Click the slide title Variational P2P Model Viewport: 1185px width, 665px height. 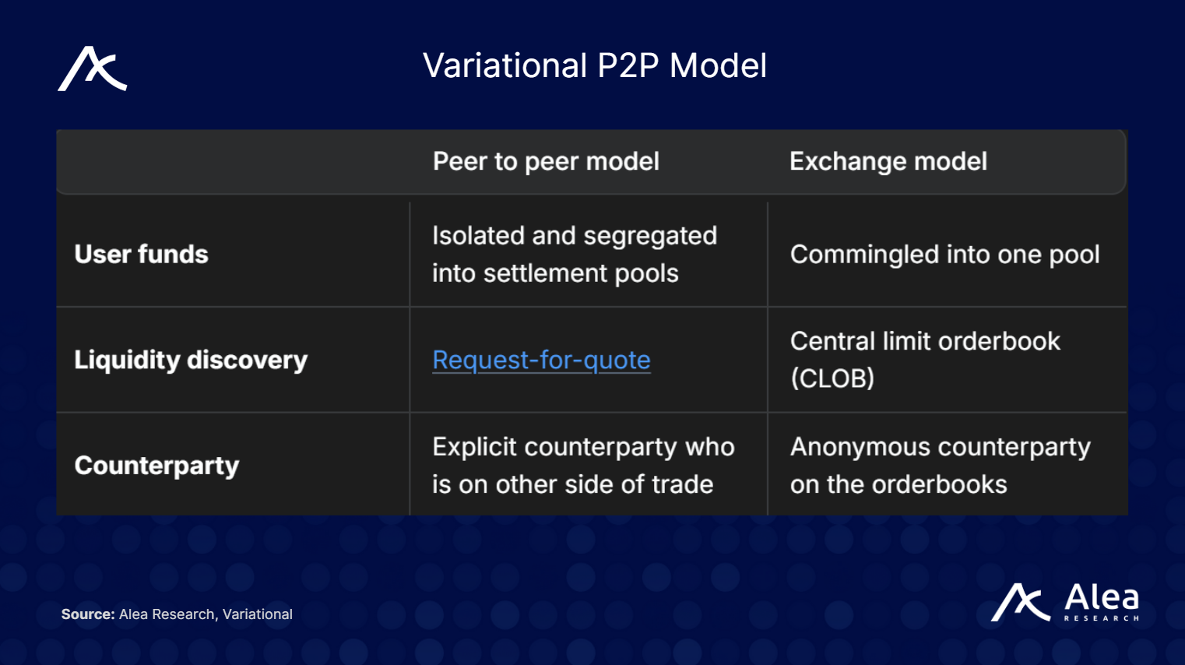pyautogui.click(x=594, y=65)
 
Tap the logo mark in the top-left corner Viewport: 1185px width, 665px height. pyautogui.click(x=92, y=69)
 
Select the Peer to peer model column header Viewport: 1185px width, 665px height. pyautogui.click(x=546, y=161)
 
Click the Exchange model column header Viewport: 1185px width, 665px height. pyautogui.click(x=888, y=161)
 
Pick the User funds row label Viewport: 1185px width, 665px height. pyautogui.click(x=141, y=255)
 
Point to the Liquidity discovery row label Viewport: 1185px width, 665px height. pyautogui.click(x=191, y=360)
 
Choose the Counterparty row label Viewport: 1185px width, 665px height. pyautogui.click(x=156, y=466)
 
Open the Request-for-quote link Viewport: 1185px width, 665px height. pyautogui.click(x=541, y=360)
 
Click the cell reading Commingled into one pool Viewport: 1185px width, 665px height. pyautogui.click(x=944, y=255)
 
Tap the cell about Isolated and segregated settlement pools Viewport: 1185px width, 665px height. pyautogui.click(x=574, y=255)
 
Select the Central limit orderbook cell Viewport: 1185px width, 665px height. pyautogui.click(x=925, y=342)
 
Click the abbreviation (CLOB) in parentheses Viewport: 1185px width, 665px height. pyautogui.click(x=832, y=378)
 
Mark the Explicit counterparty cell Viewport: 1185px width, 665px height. pyautogui.click(x=582, y=466)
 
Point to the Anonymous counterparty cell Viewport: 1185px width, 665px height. pyautogui.click(x=940, y=466)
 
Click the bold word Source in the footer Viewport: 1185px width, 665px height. pyautogui.click(x=87, y=614)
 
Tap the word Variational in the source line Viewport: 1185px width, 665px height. pyautogui.click(x=258, y=614)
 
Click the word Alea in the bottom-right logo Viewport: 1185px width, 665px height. pyautogui.click(x=1101, y=598)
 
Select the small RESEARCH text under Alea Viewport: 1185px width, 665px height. pyautogui.click(x=1101, y=618)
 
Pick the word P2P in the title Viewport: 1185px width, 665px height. pyautogui.click(x=628, y=65)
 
